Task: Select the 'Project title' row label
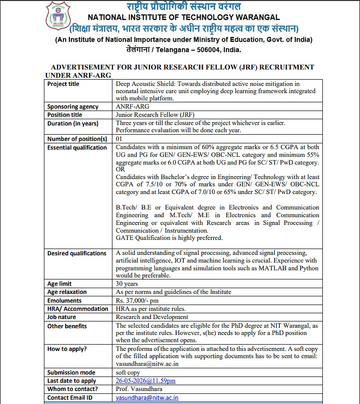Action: pos(63,84)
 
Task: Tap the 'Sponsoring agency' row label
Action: pos(72,107)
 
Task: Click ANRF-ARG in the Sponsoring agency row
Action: pos(133,107)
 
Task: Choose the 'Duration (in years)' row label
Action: pos(72,124)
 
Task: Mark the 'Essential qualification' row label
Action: pos(77,148)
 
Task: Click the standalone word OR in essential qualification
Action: pos(120,169)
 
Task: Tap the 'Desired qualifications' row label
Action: pos(76,253)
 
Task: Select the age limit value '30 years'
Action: pos(127,284)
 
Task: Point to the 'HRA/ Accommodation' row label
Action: pos(78,309)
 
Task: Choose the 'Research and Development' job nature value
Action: pos(152,317)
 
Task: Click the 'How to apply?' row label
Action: pos(67,349)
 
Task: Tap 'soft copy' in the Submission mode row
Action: pos(128,373)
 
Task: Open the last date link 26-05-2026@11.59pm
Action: pos(145,381)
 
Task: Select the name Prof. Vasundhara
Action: pos(139,389)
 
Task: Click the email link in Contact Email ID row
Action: pos(147,398)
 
